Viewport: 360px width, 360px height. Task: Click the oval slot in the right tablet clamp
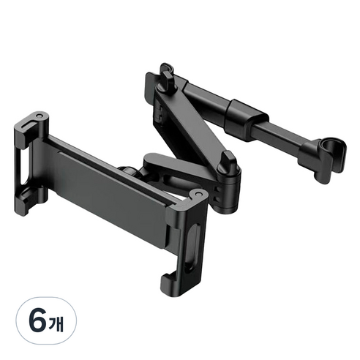pos(192,247)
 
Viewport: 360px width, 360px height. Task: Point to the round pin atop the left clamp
pos(39,116)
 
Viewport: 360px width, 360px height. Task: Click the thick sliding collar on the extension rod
pos(247,119)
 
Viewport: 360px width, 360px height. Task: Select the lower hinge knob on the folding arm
pos(228,163)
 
